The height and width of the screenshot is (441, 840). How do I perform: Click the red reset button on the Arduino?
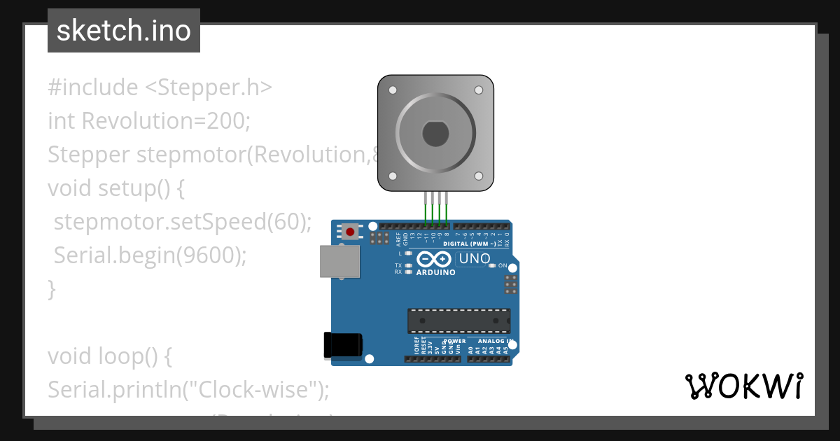click(x=349, y=231)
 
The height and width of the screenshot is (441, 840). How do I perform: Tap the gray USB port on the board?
click(x=340, y=262)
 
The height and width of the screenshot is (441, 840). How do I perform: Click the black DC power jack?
click(x=343, y=346)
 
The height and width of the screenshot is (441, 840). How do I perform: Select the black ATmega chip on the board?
click(x=458, y=321)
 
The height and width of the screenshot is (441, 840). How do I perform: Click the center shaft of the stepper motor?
click(x=435, y=134)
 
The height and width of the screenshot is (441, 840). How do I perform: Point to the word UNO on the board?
click(x=475, y=259)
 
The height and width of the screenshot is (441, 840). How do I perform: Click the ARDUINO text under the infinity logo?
click(x=435, y=272)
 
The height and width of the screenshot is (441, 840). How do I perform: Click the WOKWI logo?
click(x=744, y=386)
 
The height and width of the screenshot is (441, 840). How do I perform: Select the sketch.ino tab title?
click(x=124, y=31)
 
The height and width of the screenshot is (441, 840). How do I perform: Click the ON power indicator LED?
click(x=493, y=266)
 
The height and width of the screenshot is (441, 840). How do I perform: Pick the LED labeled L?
click(x=408, y=253)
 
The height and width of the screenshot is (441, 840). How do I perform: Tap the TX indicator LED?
click(x=408, y=265)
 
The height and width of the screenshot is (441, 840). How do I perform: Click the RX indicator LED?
click(x=408, y=272)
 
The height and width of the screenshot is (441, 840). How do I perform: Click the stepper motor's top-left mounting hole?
click(x=393, y=90)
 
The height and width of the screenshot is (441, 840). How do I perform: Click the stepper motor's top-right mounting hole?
click(x=479, y=90)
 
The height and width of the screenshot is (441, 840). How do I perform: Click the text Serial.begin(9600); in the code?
click(x=150, y=255)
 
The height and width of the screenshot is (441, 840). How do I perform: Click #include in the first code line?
click(x=93, y=87)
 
